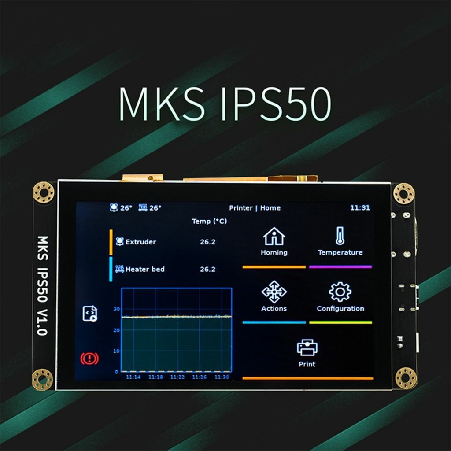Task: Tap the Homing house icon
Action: [274, 237]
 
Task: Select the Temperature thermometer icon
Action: [340, 236]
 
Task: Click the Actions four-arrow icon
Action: [274, 292]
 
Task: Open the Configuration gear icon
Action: [340, 292]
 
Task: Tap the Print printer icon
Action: [307, 347]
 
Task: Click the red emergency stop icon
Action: [89, 359]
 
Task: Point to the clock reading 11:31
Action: [360, 208]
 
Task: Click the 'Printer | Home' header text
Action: [255, 208]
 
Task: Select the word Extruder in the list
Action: [140, 242]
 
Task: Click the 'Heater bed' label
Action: [145, 269]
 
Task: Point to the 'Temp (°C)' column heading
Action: [209, 221]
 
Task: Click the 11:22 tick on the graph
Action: [177, 377]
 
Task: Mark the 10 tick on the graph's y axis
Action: [117, 351]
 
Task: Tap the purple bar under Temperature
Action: [340, 267]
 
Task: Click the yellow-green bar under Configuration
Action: [340, 322]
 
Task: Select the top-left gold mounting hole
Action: [44, 192]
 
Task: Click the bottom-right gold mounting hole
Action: [405, 378]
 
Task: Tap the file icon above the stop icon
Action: [90, 314]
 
